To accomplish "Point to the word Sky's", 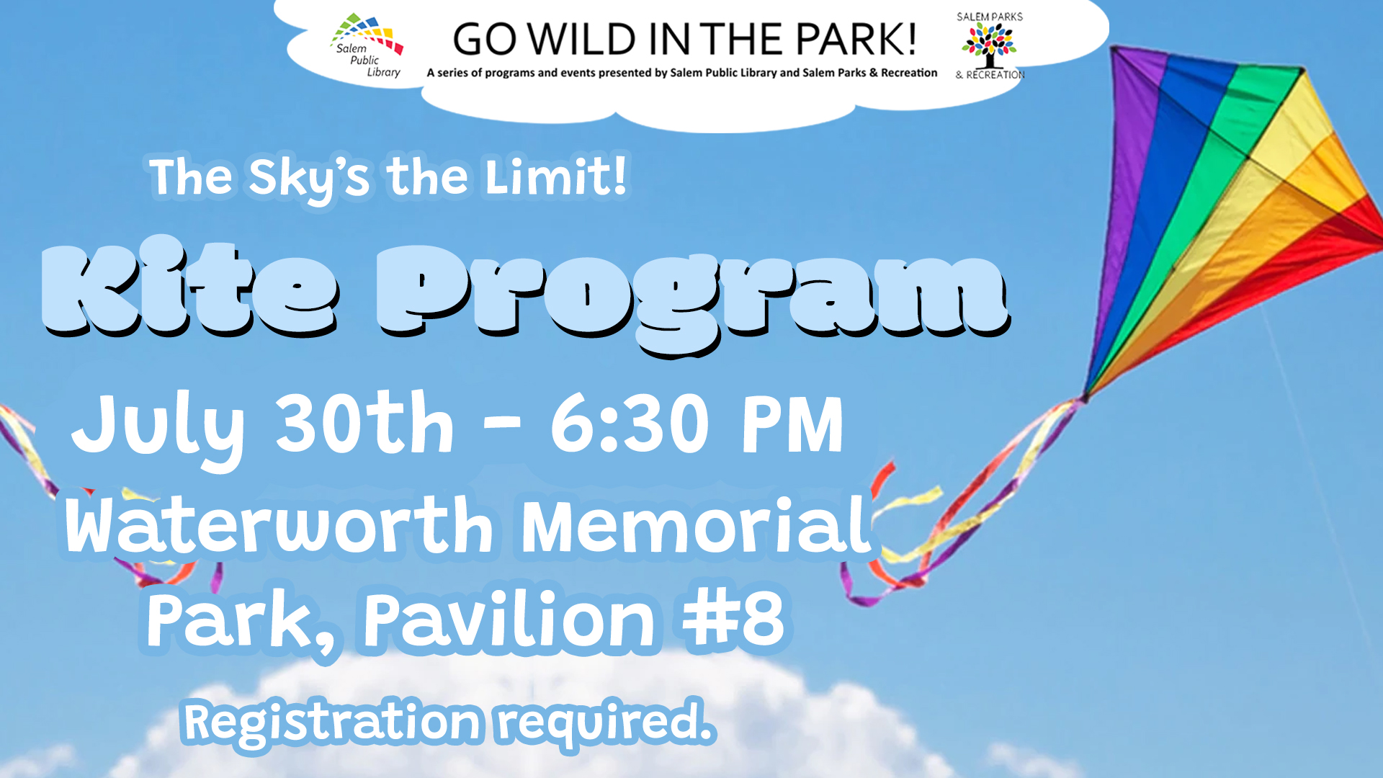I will [308, 177].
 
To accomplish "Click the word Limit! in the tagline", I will [555, 177].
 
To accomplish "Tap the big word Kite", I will [189, 290].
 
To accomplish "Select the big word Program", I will [691, 295].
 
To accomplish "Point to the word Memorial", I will [696, 526].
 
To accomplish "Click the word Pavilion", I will [509, 620].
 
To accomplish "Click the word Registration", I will [331, 722].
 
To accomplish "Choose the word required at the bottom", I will [605, 722].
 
